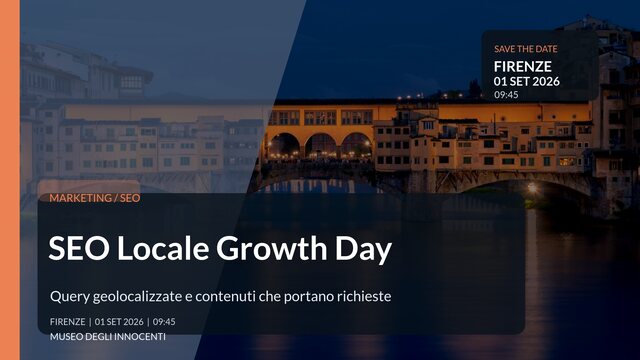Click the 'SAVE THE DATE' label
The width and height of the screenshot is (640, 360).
(x=525, y=48)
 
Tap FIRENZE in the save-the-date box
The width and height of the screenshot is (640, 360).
(x=522, y=66)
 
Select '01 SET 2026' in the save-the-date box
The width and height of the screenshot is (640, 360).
(x=526, y=81)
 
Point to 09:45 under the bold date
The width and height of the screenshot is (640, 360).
(x=506, y=95)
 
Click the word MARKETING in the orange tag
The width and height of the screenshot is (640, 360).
(x=81, y=198)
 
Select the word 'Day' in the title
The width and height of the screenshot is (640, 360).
(x=363, y=249)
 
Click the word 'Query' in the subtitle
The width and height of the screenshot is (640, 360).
(x=69, y=297)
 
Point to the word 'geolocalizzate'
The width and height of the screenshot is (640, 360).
(x=139, y=297)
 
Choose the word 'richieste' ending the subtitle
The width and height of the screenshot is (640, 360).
(x=362, y=297)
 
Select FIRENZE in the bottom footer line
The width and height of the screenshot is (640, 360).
(x=67, y=322)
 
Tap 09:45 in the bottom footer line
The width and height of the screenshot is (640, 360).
(x=164, y=322)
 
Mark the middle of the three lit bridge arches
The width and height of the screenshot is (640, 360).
(x=321, y=146)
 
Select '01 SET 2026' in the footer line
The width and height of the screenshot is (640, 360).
(x=119, y=322)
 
